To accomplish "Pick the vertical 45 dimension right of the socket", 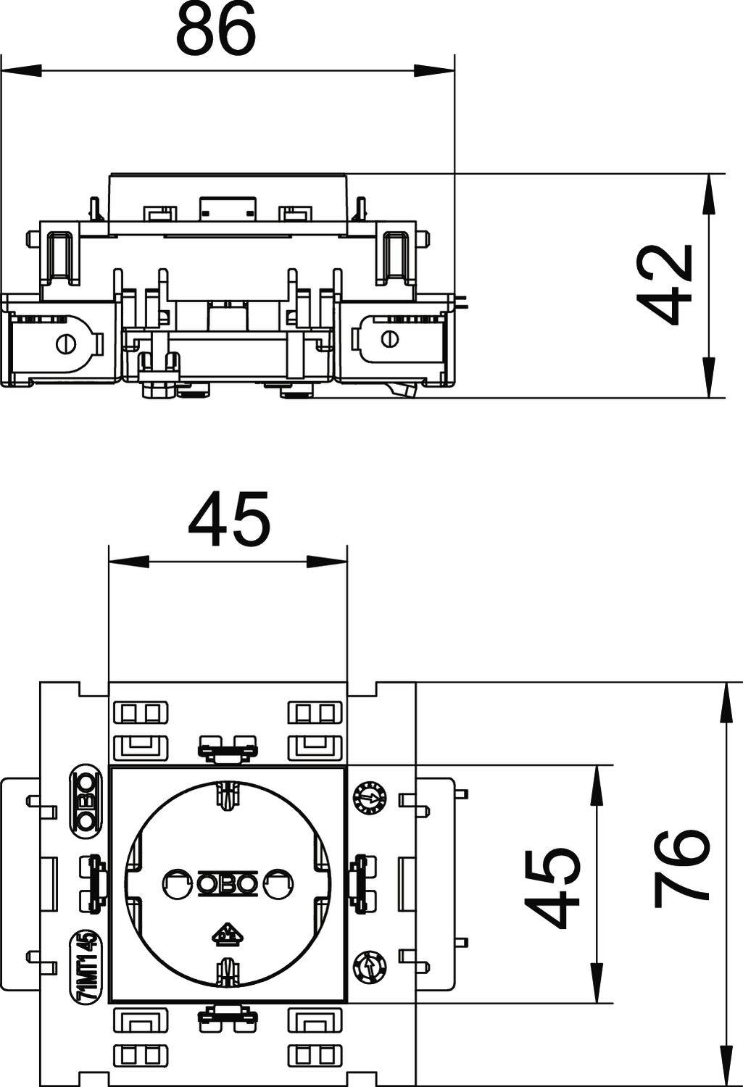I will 552,889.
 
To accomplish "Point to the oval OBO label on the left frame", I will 86,799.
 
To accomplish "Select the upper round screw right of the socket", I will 366,798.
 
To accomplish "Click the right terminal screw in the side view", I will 389,338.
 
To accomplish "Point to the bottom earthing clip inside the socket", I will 228,971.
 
